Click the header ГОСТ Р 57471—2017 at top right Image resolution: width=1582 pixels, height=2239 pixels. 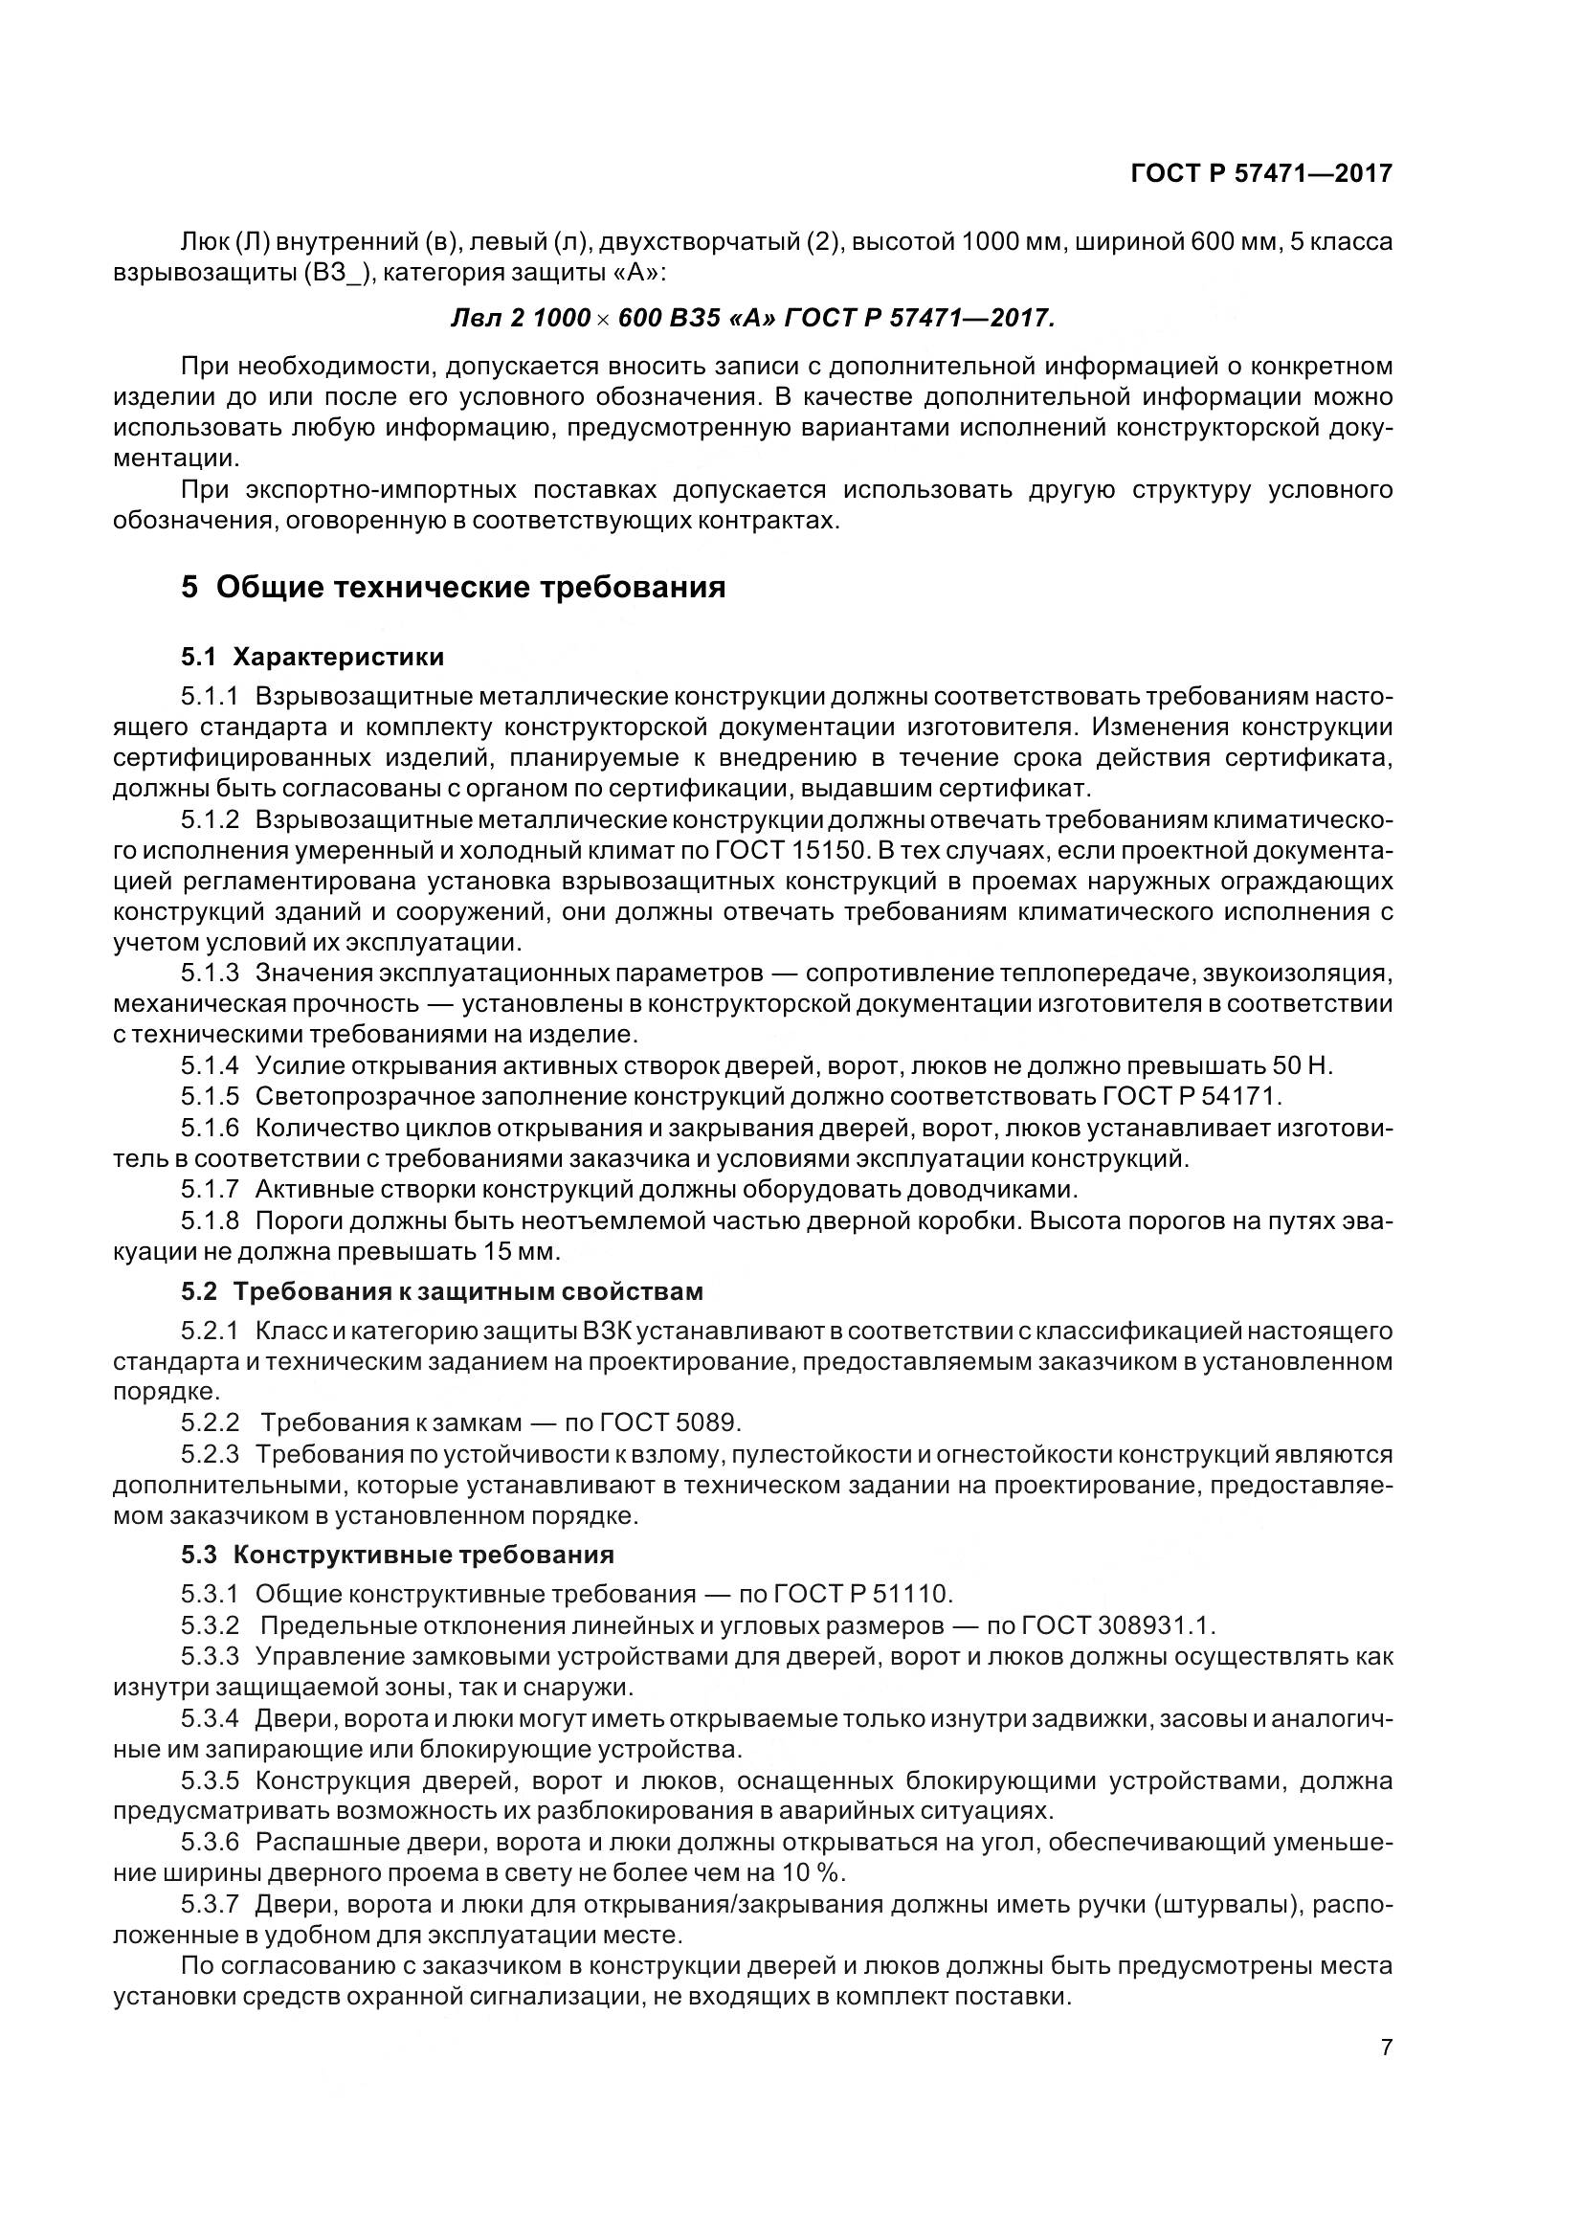(x=1261, y=173)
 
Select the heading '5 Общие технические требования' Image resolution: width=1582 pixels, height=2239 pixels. (x=454, y=588)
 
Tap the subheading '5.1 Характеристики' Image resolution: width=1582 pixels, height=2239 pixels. (x=312, y=657)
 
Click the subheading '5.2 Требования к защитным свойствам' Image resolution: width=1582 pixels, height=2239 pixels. (x=441, y=1291)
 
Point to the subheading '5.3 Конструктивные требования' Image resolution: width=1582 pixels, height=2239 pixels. (x=398, y=1555)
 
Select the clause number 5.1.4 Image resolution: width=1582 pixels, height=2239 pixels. (x=210, y=1064)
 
